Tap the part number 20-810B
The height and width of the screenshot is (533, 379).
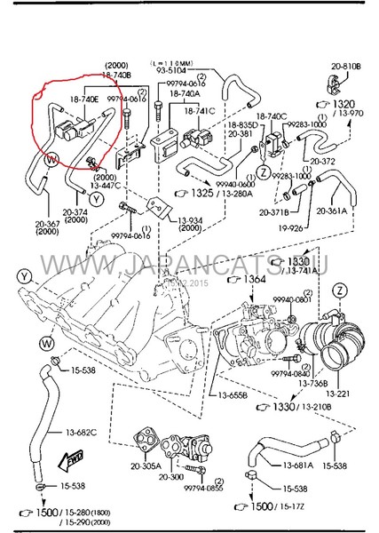pos(347,67)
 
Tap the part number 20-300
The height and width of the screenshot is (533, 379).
pos(172,477)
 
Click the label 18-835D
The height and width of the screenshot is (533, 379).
pos(241,126)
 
